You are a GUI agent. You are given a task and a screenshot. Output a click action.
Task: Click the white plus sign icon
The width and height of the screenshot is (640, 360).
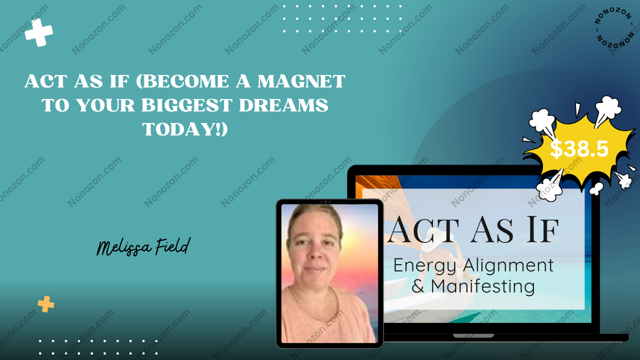tap(39, 32)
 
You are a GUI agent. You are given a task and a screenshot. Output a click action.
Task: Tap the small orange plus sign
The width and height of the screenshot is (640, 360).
tap(45, 304)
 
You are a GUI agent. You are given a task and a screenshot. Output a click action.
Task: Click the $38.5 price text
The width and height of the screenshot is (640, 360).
tap(579, 149)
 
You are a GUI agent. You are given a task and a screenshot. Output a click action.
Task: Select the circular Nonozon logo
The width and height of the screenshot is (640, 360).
tap(614, 27)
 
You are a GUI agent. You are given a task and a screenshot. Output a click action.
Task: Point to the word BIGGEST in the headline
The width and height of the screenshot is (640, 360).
tap(187, 105)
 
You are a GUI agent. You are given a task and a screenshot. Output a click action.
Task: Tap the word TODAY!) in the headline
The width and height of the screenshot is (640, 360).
tap(185, 129)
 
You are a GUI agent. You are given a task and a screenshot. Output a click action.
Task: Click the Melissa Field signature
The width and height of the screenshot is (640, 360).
tap(143, 247)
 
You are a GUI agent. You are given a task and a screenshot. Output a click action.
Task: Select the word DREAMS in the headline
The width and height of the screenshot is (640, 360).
tap(283, 105)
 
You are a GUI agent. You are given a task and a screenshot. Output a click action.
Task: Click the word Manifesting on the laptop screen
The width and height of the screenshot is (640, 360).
tap(482, 286)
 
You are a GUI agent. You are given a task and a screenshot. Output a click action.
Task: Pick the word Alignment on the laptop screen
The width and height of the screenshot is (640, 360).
tap(508, 265)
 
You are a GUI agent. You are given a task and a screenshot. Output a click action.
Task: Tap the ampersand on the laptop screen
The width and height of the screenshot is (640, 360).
tap(417, 286)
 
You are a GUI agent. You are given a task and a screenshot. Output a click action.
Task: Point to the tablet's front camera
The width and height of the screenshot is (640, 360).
tap(325, 202)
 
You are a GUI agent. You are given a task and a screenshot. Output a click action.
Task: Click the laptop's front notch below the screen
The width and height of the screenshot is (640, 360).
tap(473, 335)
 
